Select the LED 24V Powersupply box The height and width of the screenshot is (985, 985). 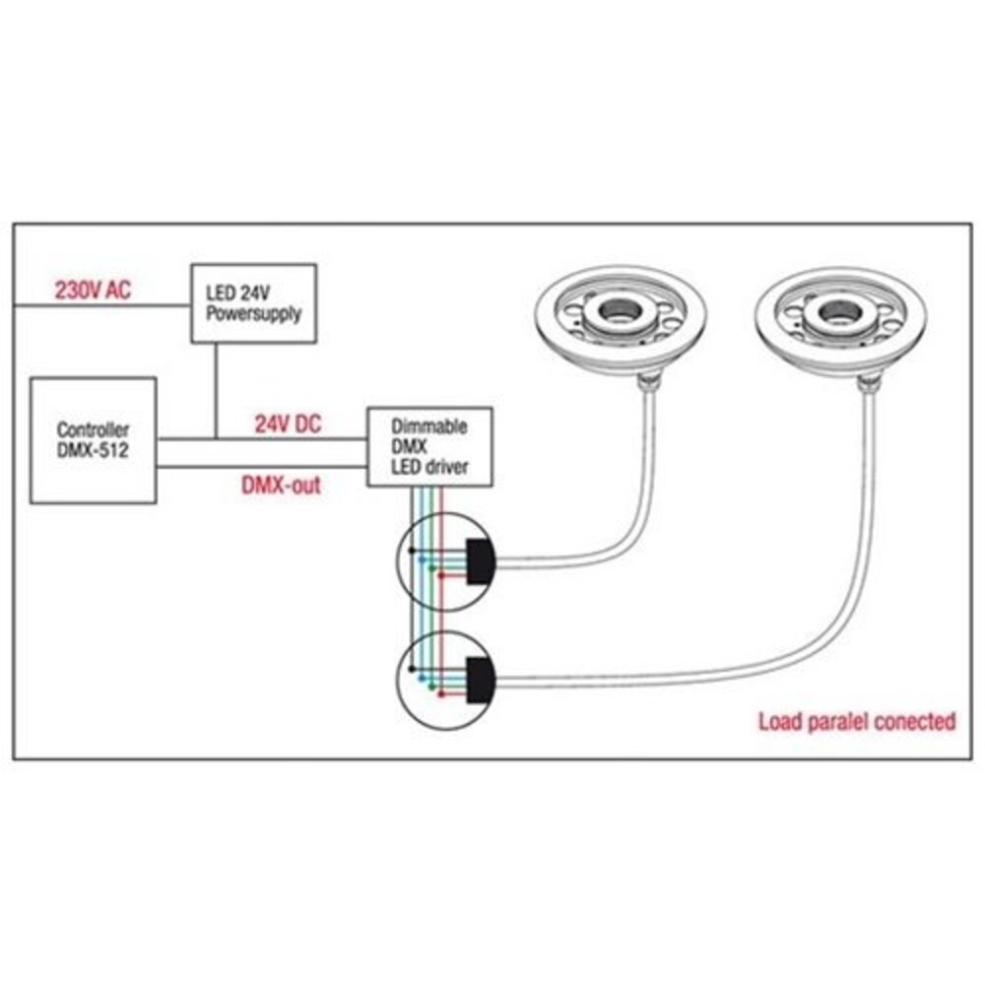tap(253, 302)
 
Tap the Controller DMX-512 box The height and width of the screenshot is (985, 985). tap(94, 440)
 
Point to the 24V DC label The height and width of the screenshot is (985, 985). tap(288, 424)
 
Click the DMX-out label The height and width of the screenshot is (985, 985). tap(280, 485)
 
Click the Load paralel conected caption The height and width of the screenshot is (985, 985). tap(856, 721)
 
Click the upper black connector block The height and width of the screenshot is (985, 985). tap(481, 561)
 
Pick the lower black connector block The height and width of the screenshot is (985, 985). tap(481, 679)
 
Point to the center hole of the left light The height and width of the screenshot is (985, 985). tap(621, 312)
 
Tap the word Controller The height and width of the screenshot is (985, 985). tap(94, 430)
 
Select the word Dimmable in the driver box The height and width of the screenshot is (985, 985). tap(429, 427)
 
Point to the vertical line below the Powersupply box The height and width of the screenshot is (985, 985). tap(216, 389)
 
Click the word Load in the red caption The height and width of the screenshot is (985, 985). tap(781, 721)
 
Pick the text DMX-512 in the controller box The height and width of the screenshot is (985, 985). tap(94, 450)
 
